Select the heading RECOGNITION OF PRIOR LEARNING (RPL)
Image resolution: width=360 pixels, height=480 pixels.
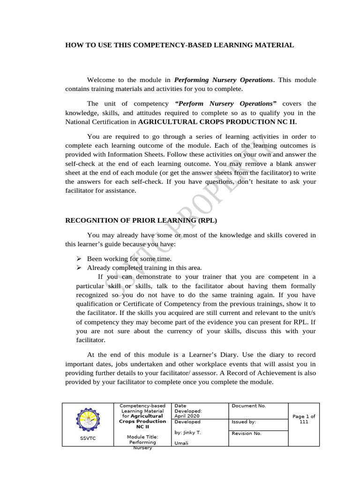[x=141, y=219]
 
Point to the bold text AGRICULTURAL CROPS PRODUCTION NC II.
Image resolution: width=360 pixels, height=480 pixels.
[x=217, y=121]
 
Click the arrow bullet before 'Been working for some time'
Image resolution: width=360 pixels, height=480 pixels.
[x=79, y=259]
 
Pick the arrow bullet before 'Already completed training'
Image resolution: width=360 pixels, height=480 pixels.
[x=79, y=268]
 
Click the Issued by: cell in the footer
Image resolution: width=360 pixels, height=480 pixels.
[x=244, y=422]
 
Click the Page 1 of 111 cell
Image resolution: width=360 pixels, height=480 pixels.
[x=304, y=419]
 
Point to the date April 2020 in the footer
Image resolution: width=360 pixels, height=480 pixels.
[x=187, y=416]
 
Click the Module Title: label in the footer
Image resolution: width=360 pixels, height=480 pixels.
[x=142, y=437]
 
